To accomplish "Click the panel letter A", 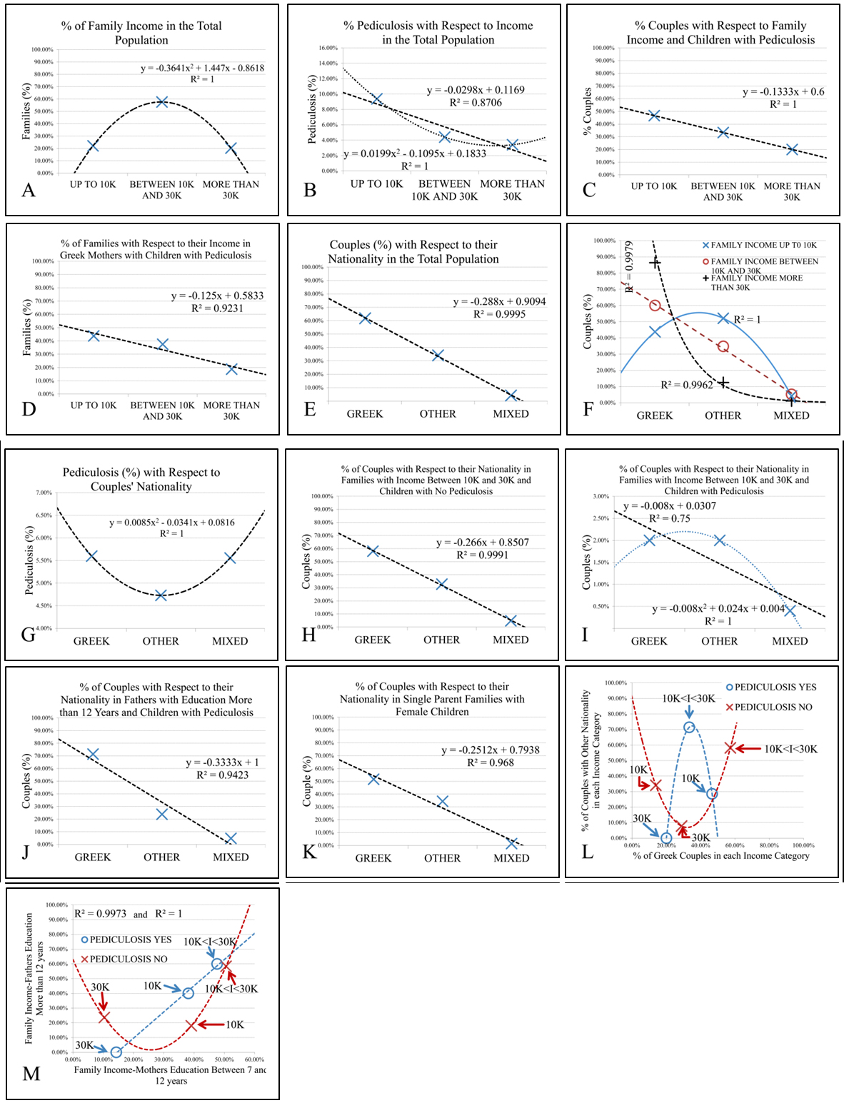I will tap(29, 190).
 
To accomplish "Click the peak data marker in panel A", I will tap(162, 101).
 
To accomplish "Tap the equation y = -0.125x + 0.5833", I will tap(217, 296).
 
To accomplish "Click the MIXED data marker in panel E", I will tap(511, 396).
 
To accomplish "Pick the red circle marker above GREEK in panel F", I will tap(655, 306).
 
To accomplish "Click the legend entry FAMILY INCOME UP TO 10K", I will tap(759, 245).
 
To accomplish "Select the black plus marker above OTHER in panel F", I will tap(723, 383).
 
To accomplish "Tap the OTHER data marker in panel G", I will tap(161, 595).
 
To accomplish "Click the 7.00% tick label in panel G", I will tap(43, 493).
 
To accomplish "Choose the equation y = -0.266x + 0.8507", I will tap(482, 543).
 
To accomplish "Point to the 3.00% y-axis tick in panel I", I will tap(601, 496).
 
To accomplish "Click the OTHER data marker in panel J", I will tap(162, 814).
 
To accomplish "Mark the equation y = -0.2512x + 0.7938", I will tap(490, 750).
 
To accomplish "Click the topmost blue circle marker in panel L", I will tap(689, 727).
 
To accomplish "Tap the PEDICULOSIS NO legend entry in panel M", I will tap(124, 959).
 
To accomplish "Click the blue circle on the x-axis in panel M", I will tap(116, 1052).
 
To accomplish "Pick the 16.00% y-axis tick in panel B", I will tap(328, 48).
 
